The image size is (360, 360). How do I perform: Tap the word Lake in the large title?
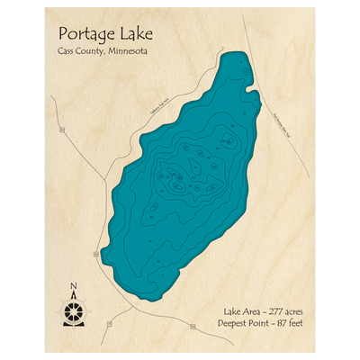(x=132, y=35)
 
